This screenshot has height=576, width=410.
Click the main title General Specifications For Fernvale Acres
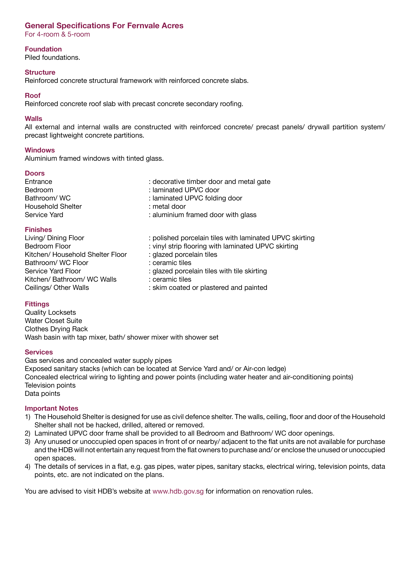[x=104, y=26]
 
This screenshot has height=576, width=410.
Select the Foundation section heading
[x=43, y=49]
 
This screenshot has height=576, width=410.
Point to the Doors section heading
[x=35, y=173]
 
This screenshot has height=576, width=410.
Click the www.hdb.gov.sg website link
[x=178, y=491]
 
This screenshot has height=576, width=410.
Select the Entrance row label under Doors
[x=38, y=182]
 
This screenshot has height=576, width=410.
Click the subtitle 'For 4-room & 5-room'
[x=57, y=34]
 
